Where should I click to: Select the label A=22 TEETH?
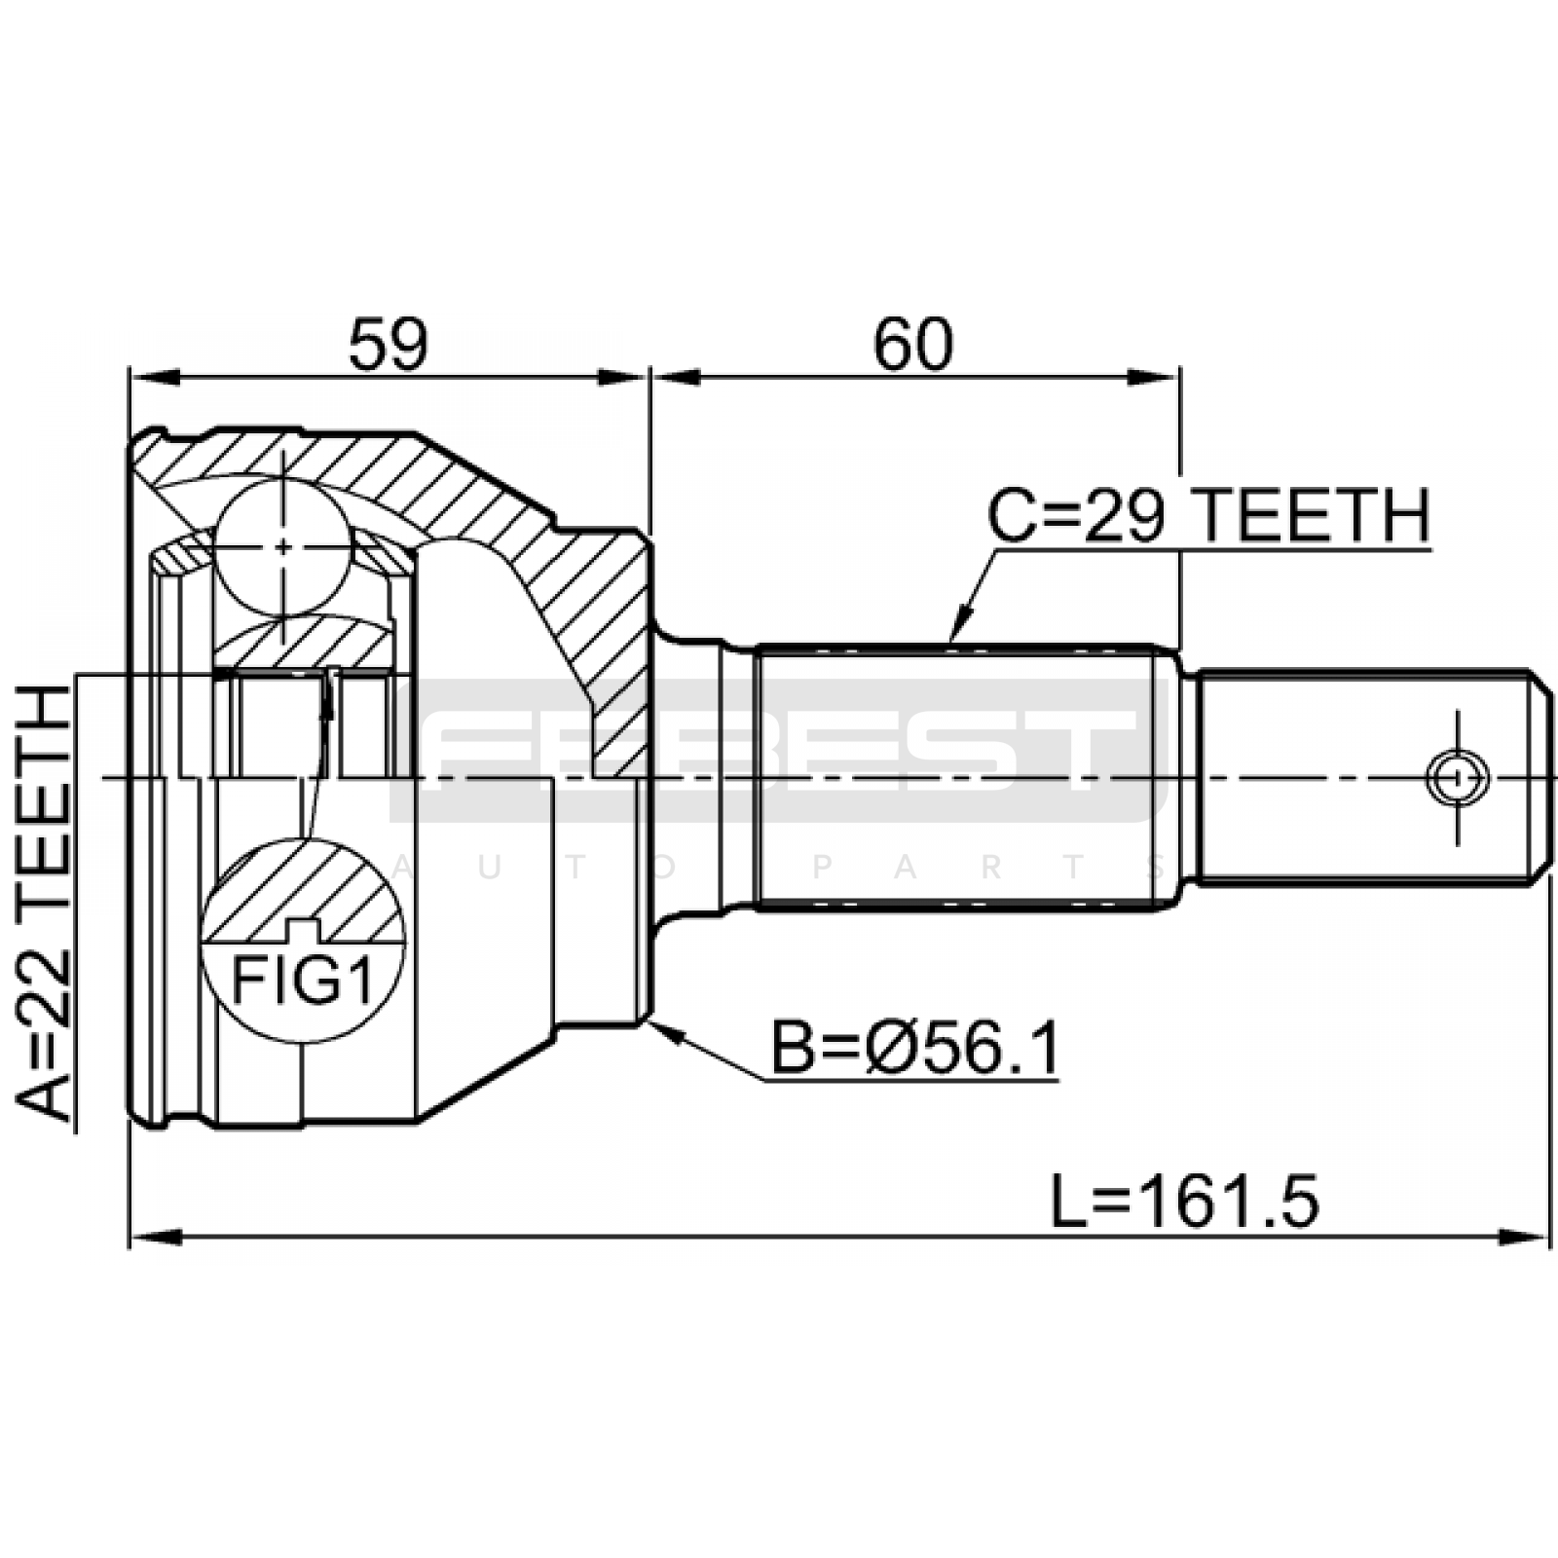pyautogui.click(x=45, y=904)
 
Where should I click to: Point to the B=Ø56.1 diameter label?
pyautogui.click(x=914, y=1049)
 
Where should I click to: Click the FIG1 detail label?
pyautogui.click(x=302, y=983)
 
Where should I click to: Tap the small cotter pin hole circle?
pyautogui.click(x=1457, y=777)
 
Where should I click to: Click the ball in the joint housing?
pyautogui.click(x=282, y=546)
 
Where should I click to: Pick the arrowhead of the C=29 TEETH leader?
pyautogui.click(x=960, y=624)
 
